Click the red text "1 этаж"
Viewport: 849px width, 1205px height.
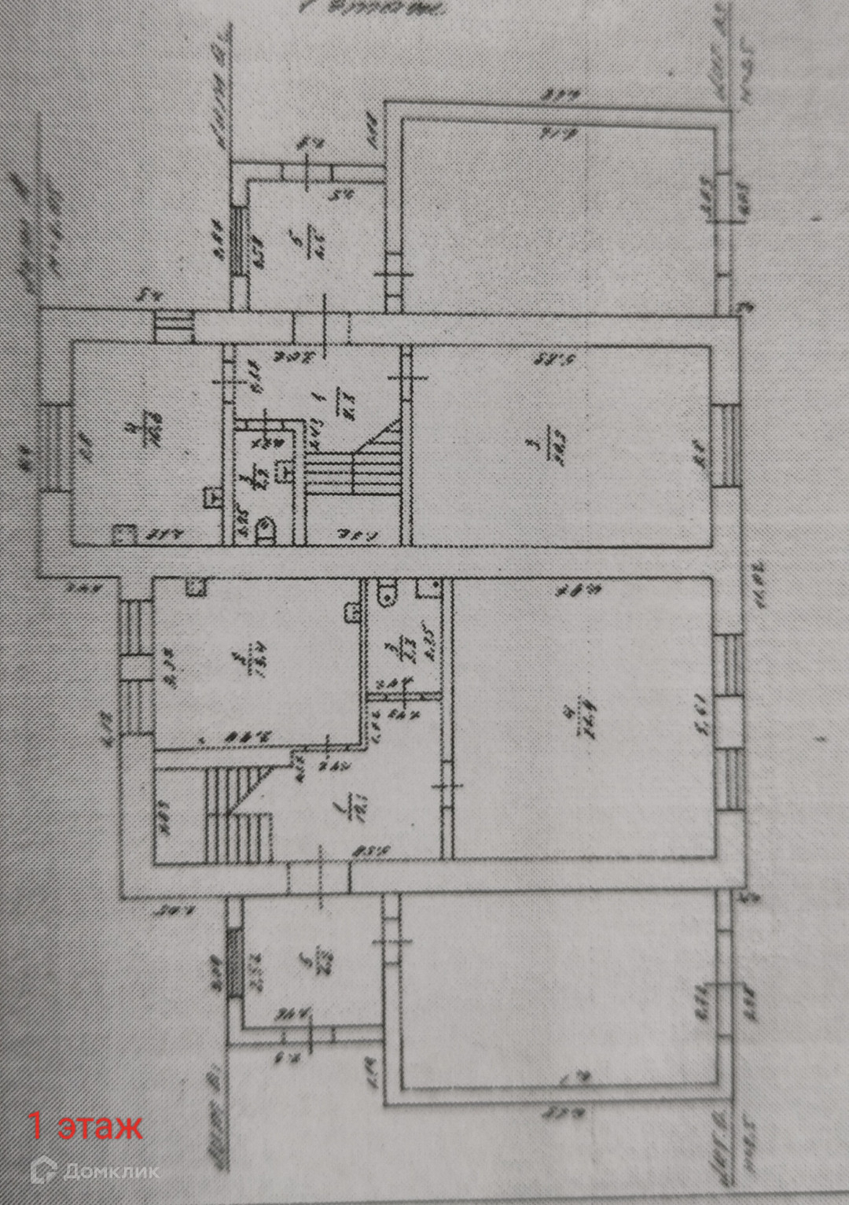[x=86, y=1126]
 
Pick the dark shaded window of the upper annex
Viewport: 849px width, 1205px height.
[x=237, y=241]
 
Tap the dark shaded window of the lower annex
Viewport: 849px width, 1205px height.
[x=234, y=964]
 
